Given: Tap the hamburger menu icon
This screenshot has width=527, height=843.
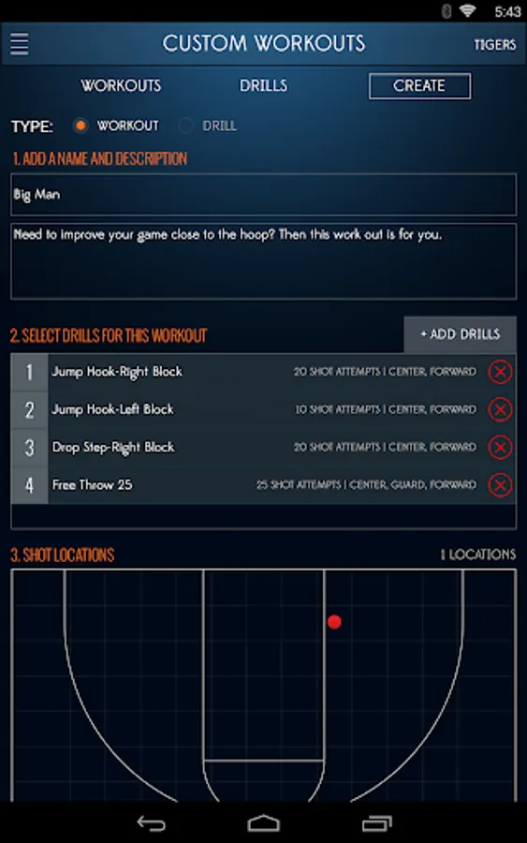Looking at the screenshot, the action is (20, 43).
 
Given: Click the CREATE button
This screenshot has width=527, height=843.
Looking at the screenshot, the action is (419, 86).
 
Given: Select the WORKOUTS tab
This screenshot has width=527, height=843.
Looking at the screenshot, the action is (121, 85).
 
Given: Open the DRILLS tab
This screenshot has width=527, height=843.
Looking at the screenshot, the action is (263, 85).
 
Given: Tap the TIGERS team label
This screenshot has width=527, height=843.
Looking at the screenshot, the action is (495, 45).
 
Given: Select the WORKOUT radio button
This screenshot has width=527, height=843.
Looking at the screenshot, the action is (81, 126).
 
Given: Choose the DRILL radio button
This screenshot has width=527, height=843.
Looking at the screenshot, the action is (186, 126).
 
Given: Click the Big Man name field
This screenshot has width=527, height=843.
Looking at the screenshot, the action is (263, 194).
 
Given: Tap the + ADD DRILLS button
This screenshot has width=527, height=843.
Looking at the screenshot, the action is (460, 334).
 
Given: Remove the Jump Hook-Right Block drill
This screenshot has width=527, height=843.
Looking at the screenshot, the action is (500, 372).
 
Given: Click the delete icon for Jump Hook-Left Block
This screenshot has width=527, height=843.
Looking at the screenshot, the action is (500, 409).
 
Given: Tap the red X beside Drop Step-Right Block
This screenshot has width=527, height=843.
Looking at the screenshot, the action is (500, 448).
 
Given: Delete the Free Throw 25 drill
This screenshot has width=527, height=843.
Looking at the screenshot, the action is (500, 485).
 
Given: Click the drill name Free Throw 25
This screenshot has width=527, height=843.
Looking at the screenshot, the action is (92, 485).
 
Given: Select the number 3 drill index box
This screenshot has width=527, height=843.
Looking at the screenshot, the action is (30, 448).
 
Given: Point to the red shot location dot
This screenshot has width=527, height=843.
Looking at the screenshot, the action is (334, 622).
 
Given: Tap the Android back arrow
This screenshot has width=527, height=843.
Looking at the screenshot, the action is (151, 823).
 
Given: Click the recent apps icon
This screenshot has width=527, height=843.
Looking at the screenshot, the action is (377, 823).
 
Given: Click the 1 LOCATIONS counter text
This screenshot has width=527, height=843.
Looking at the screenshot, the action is (478, 555).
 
